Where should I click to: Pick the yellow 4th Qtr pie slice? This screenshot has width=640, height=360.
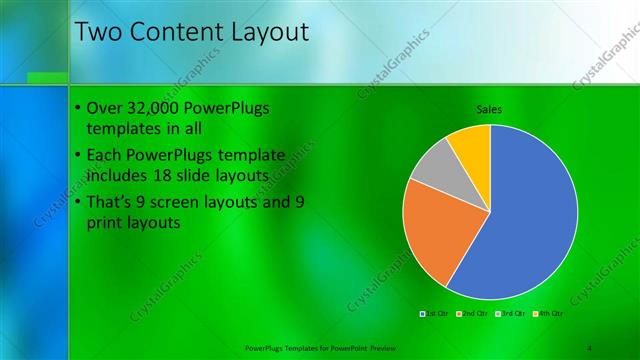[x=471, y=144]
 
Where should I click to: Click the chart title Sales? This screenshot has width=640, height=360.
[x=489, y=109]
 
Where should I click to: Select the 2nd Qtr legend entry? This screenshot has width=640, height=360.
[x=472, y=314]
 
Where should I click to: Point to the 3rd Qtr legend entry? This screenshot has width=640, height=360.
[x=511, y=314]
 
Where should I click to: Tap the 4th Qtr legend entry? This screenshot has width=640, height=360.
[x=549, y=314]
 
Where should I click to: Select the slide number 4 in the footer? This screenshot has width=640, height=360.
[x=590, y=347]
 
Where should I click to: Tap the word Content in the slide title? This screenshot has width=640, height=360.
[x=178, y=32]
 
